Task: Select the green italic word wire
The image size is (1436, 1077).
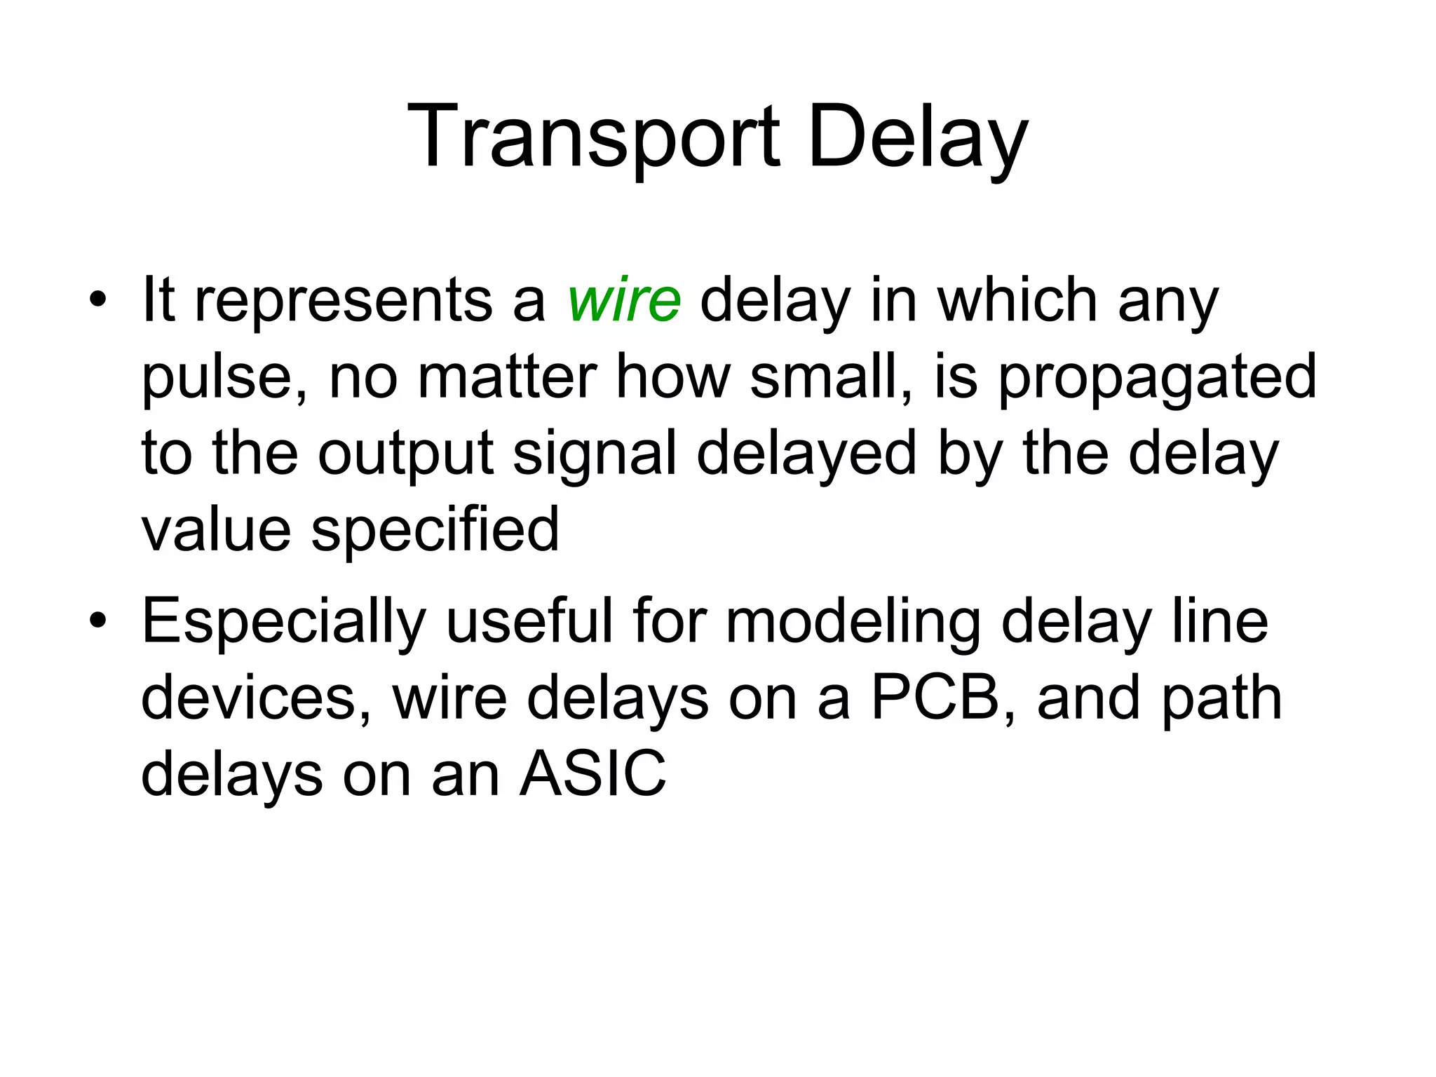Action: click(623, 300)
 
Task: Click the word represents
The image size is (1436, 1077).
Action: click(343, 300)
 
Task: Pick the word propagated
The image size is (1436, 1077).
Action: click(1157, 377)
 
